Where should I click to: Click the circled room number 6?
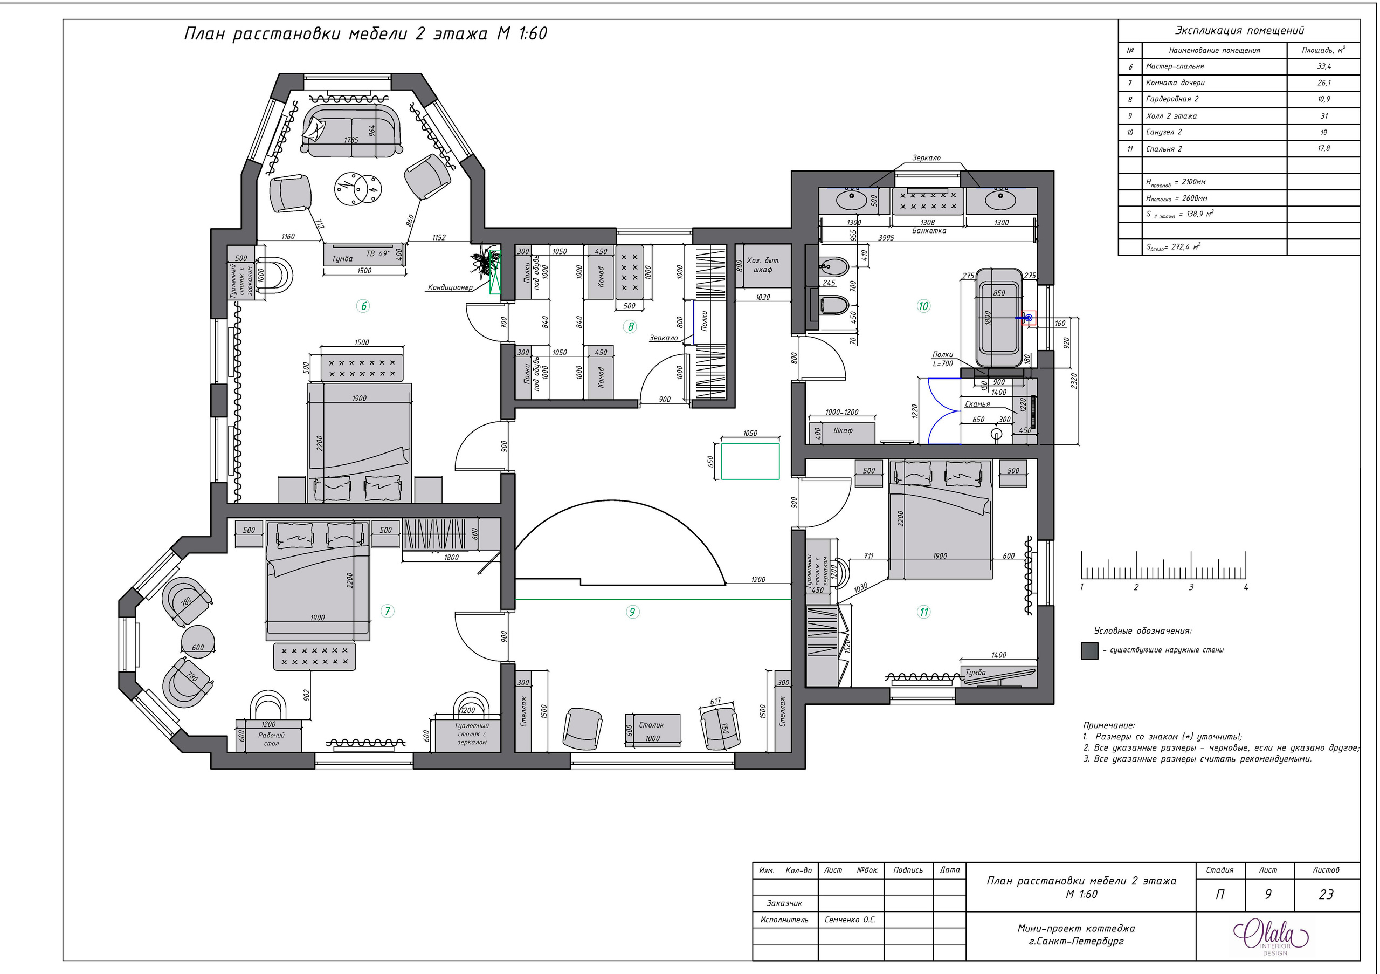(363, 306)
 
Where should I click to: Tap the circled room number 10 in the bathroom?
(923, 306)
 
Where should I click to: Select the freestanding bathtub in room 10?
(998, 318)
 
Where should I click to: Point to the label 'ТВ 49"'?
(378, 253)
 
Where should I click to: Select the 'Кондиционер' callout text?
(450, 287)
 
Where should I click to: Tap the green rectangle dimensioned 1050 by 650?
(750, 461)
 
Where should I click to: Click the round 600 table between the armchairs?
(198, 641)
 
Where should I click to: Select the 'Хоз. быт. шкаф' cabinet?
(763, 265)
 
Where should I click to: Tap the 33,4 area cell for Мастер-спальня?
(1323, 67)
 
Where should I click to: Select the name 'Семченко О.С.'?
(850, 920)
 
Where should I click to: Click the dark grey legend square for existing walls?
(1089, 650)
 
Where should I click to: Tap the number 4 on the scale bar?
(1246, 587)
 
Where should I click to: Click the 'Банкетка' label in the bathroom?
(929, 231)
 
